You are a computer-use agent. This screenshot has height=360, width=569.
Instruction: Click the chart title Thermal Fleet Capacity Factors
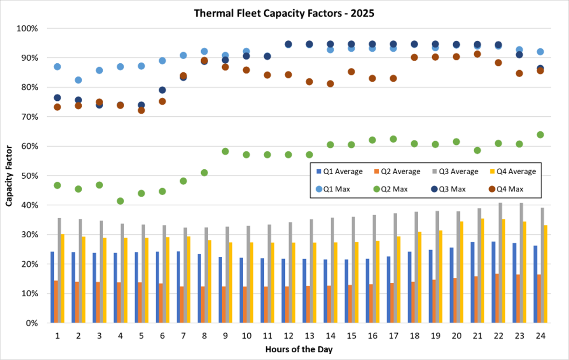click(x=284, y=13)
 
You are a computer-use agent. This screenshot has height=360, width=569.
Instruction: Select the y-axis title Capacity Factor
click(x=9, y=176)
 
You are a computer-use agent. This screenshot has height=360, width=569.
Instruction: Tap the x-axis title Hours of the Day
click(x=299, y=349)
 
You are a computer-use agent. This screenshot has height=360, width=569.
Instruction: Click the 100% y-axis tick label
click(x=28, y=28)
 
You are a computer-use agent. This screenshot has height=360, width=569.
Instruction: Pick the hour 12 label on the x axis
click(x=288, y=336)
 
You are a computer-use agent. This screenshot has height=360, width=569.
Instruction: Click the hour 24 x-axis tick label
click(x=540, y=336)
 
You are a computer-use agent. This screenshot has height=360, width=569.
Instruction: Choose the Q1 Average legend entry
click(x=339, y=172)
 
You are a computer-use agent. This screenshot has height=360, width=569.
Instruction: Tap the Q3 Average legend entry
click(x=455, y=172)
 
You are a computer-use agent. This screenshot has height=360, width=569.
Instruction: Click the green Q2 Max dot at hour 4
click(x=120, y=201)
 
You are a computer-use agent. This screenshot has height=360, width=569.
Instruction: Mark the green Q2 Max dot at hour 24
click(x=540, y=135)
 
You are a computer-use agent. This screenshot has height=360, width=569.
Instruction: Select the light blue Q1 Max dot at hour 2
click(x=78, y=80)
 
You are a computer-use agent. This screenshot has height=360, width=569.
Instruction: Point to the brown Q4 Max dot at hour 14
click(x=330, y=84)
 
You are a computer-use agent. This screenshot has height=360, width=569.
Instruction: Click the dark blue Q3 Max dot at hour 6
click(x=162, y=90)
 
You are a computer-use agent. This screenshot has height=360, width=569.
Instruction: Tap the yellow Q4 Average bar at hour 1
click(x=62, y=279)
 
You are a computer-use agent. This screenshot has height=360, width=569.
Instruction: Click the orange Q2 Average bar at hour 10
click(x=245, y=305)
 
